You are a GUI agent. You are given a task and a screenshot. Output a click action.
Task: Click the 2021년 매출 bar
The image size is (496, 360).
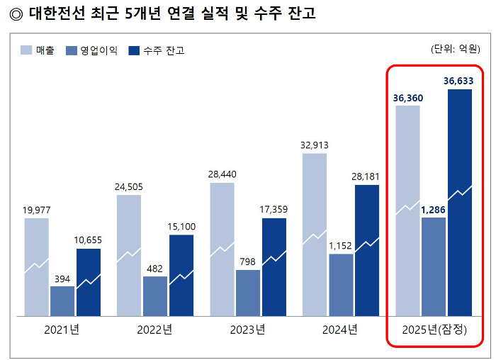click(37, 266)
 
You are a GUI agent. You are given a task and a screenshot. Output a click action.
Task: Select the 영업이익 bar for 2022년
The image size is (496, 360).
click(155, 296)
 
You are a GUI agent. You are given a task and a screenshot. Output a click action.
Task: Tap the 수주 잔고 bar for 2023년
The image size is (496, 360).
click(274, 266)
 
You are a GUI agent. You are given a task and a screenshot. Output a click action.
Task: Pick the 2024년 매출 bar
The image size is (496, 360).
click(315, 234)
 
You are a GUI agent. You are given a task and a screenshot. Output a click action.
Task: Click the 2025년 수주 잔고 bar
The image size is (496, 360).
click(460, 202)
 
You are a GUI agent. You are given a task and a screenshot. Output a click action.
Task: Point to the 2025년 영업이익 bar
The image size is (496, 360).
click(434, 266)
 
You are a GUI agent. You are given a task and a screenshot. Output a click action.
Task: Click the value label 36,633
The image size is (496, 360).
click(458, 81)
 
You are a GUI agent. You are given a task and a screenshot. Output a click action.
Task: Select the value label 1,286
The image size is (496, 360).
click(434, 210)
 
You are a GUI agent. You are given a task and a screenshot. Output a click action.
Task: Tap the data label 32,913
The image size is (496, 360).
click(315, 145)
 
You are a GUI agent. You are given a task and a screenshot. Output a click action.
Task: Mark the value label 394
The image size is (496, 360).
click(62, 279)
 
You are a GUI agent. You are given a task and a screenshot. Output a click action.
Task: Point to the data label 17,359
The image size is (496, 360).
click(274, 210)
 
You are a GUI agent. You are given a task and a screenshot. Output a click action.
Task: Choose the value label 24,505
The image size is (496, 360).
click(129, 187)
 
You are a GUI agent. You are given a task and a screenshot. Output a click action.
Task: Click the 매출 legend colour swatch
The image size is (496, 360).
click(26, 50)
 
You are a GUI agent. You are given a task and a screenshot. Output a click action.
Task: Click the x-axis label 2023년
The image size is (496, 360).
click(247, 330)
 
